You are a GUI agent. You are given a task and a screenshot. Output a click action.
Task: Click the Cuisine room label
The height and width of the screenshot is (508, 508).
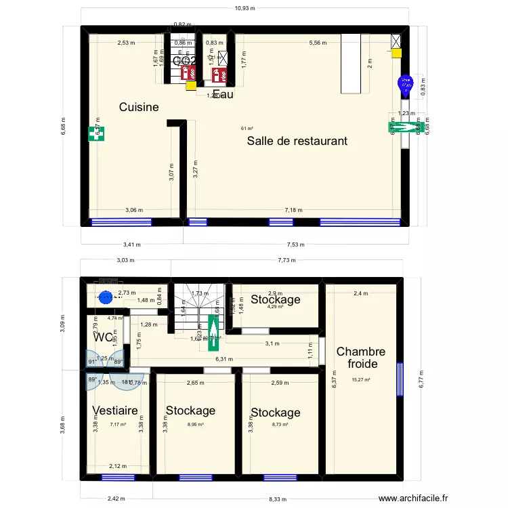(139, 107)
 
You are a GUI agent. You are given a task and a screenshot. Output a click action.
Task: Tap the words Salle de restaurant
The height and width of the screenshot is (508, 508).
(297, 141)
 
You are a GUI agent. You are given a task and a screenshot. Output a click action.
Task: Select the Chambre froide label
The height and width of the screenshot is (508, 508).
(360, 358)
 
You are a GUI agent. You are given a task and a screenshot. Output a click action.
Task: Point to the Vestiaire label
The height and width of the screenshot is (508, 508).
(115, 410)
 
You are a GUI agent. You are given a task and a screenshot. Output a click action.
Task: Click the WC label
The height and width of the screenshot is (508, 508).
(104, 337)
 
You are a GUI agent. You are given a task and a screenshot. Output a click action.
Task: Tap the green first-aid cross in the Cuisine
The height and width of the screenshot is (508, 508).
(92, 134)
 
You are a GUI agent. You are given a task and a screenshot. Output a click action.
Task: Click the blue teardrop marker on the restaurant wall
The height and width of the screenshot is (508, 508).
(405, 86)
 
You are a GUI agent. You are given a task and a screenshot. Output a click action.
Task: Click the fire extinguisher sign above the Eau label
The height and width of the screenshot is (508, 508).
(219, 75)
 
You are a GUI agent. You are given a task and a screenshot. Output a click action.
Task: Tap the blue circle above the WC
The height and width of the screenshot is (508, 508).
(105, 296)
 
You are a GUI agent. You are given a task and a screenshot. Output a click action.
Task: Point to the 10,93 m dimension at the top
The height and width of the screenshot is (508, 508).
(245, 9)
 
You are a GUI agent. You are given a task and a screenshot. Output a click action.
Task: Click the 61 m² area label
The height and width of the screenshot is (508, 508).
(247, 129)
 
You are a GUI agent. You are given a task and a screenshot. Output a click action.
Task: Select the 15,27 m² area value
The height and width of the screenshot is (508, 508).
(360, 379)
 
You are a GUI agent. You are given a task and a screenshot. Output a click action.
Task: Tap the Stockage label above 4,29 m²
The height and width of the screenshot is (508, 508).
(275, 299)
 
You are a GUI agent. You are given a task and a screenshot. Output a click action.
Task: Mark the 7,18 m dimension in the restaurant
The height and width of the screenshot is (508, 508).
(293, 210)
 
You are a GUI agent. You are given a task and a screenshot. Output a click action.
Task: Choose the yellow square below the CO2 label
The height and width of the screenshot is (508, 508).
(191, 85)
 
